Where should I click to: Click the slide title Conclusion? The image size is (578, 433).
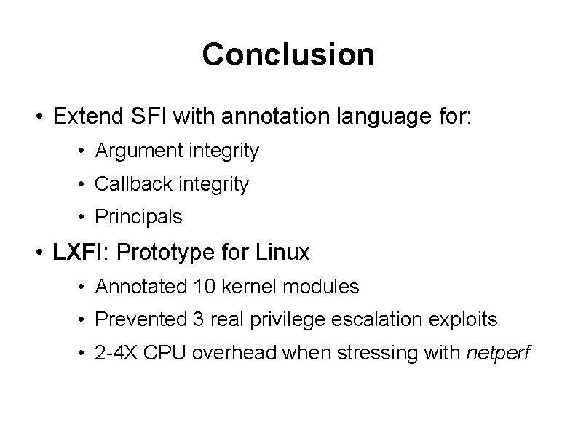tap(288, 55)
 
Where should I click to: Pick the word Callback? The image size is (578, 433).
tap(127, 184)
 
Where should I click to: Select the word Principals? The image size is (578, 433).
tap(138, 217)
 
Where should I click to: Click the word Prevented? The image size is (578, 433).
tap(139, 319)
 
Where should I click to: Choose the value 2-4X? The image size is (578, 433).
tap(117, 354)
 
